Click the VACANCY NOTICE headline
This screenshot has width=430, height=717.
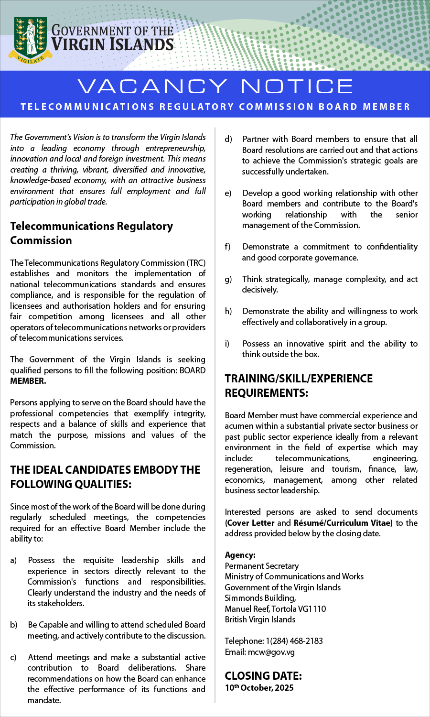215,87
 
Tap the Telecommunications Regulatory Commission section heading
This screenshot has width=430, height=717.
91,233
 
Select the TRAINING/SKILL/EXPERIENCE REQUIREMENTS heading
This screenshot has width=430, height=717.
299,386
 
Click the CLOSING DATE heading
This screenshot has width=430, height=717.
263,676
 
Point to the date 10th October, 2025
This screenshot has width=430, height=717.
259,688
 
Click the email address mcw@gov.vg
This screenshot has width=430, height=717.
271,652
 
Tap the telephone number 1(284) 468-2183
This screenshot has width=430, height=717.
294,641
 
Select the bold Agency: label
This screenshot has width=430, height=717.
240,555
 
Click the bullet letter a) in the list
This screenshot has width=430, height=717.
13,560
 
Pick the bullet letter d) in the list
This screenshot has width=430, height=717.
228,139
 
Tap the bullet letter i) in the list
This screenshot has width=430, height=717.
227,344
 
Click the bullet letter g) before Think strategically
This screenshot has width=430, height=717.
228,279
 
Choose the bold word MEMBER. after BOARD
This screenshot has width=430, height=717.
28,381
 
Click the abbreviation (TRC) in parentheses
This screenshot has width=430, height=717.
196,263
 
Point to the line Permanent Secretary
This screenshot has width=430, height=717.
261,566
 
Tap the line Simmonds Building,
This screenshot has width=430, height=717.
260,598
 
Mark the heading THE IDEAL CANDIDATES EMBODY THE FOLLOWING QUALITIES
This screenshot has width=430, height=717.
105,477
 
